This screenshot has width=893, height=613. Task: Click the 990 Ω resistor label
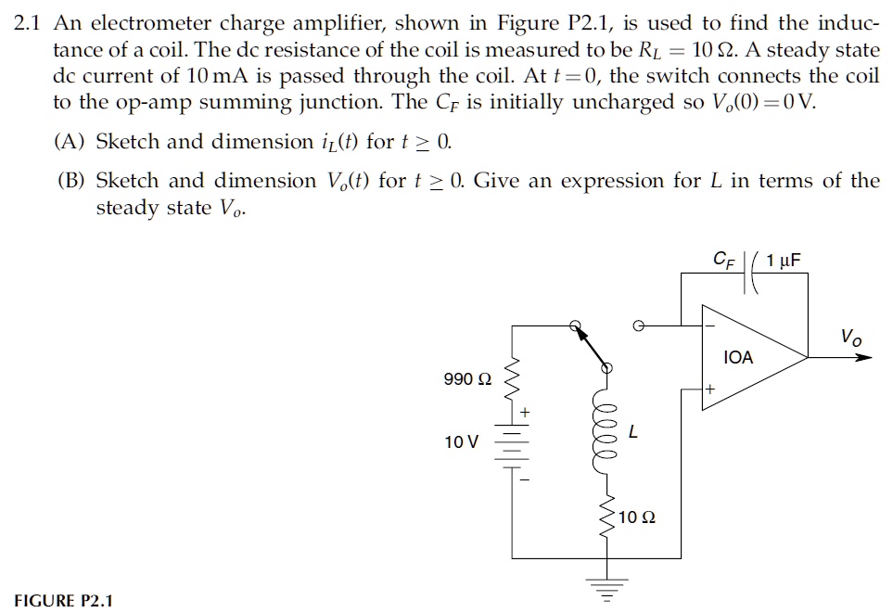coord(468,379)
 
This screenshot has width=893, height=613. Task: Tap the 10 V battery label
coord(462,441)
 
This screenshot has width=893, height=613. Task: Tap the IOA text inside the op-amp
coord(738,357)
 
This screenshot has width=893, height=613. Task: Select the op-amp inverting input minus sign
coord(708,326)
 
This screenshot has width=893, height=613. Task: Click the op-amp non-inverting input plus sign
coord(708,390)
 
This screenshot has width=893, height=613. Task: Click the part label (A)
coord(72,142)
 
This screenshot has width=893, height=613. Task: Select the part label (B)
coord(72,181)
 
